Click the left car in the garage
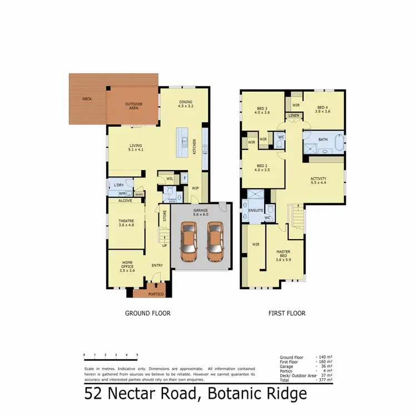pos(190,242)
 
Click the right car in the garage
pos(215,242)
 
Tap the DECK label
pos(87,99)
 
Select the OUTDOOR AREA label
pos(134,106)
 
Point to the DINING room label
pos(186,104)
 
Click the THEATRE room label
pos(126,222)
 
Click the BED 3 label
pos(262,110)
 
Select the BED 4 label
pos(323,110)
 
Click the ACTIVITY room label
pos(318,181)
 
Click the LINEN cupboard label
pos(294,116)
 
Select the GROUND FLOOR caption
pos(147,314)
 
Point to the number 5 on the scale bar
pos(137,354)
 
